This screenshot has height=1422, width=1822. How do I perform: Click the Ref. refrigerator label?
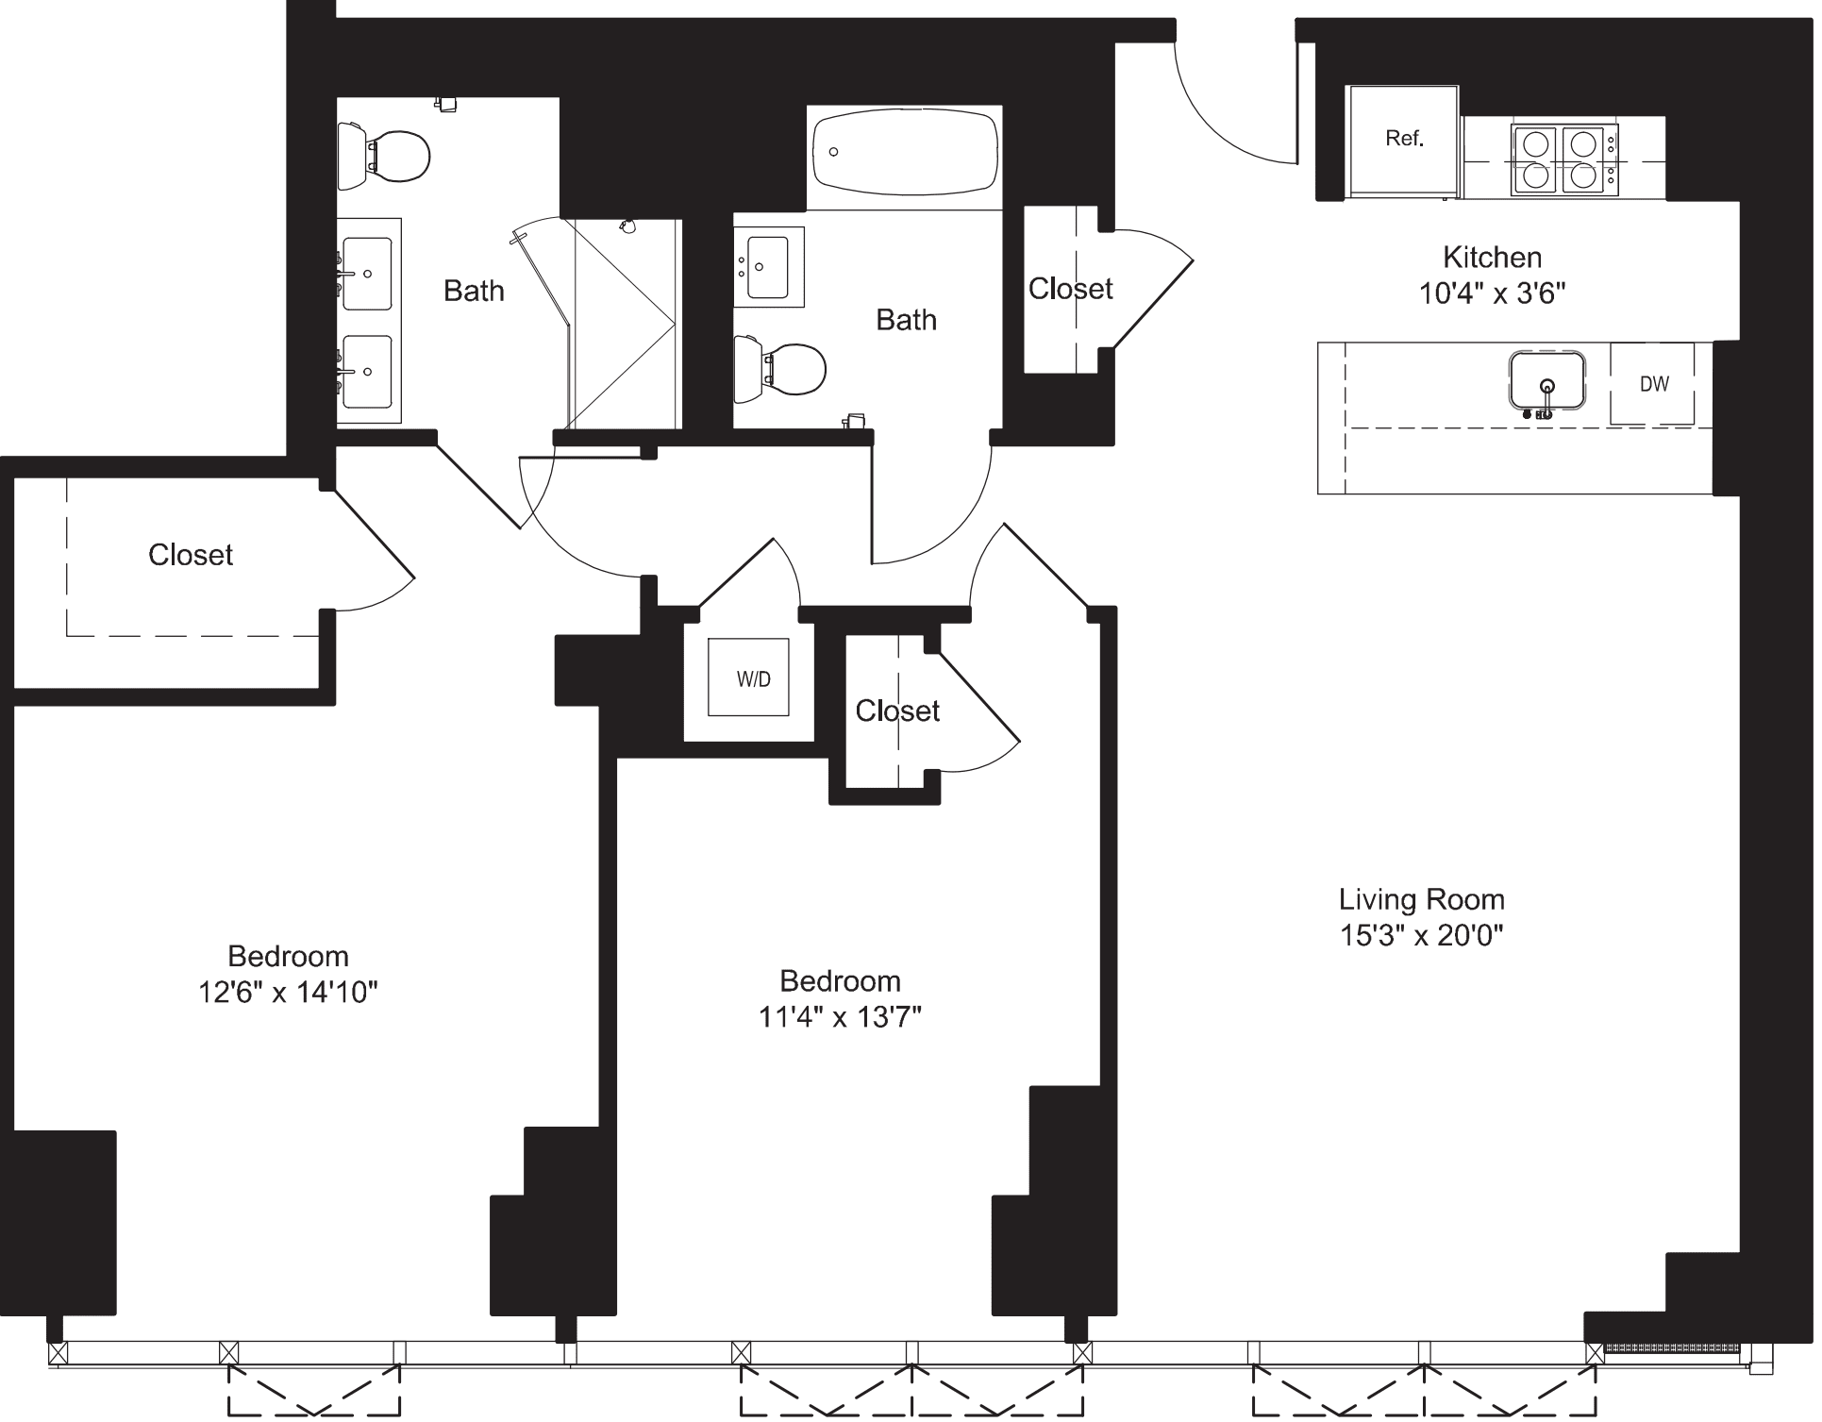[x=1403, y=139]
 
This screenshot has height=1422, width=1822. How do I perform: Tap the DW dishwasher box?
[x=1654, y=384]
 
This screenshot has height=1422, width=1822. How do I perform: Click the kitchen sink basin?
[x=1546, y=380]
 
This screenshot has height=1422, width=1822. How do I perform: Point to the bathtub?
[x=904, y=154]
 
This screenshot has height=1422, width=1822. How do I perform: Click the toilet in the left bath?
[x=387, y=154]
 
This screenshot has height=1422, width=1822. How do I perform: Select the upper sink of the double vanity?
[x=367, y=274]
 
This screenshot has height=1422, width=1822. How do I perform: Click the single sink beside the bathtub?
[x=769, y=266]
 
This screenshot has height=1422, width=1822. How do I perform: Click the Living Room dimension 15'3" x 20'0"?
[x=1420, y=935]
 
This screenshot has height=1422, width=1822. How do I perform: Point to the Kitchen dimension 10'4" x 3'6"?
[x=1492, y=293]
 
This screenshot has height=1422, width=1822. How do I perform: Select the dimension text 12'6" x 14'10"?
[x=288, y=992]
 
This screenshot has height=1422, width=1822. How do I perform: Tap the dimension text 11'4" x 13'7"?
[x=839, y=1016]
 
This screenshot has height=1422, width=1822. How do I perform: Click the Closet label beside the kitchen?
[x=1070, y=289]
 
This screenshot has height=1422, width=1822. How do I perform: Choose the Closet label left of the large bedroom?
[x=191, y=555]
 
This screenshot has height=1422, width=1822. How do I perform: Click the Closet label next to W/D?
[x=896, y=711]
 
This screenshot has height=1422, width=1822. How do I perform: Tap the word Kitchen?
[x=1492, y=257]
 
